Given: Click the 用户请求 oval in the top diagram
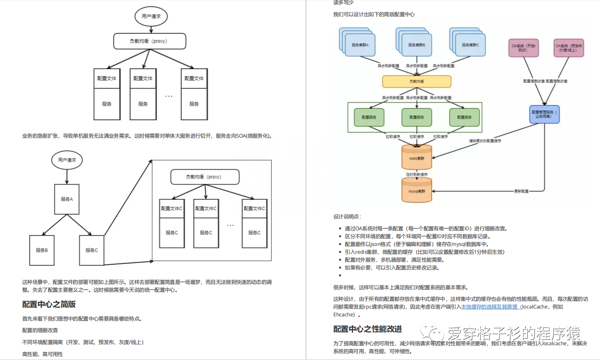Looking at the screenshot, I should (x=151, y=16).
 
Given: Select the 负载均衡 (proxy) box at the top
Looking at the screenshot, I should (x=150, y=41).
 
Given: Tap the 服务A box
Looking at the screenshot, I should (x=67, y=199).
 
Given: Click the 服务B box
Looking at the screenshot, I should (x=42, y=250).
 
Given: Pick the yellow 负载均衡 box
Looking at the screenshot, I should (x=417, y=82).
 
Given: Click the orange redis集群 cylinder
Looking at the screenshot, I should (x=417, y=158).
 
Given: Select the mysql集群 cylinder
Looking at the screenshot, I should (x=417, y=192).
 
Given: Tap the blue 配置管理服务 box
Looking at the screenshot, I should (x=544, y=114).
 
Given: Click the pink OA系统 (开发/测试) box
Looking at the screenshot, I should (x=523, y=48).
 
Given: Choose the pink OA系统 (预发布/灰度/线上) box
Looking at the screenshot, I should (x=569, y=48).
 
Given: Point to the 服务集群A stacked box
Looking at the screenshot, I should (x=360, y=44).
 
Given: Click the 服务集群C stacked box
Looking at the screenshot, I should (x=470, y=44).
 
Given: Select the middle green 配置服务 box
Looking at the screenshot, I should (x=417, y=117).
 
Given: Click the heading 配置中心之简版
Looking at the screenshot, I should (x=49, y=304).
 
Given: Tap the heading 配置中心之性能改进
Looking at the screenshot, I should (x=367, y=329).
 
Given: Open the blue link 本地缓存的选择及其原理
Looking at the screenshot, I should (x=490, y=307).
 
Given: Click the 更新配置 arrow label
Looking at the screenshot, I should (x=521, y=191).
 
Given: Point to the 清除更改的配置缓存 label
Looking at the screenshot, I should (x=485, y=141).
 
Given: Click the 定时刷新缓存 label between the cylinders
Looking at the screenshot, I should (x=417, y=175).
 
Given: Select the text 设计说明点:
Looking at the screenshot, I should (x=347, y=217).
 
